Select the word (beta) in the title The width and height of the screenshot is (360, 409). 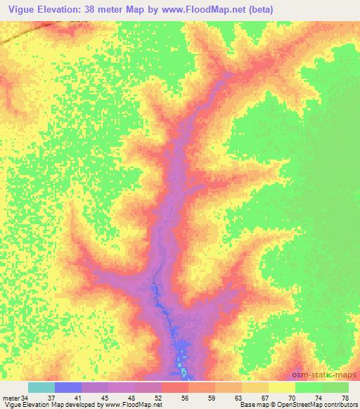[258, 10]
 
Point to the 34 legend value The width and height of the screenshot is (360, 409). [27, 397]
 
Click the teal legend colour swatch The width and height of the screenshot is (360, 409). [41, 387]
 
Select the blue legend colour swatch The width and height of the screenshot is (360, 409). [68, 387]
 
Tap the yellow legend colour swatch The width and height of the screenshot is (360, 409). [282, 387]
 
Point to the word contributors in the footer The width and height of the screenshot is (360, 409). [342, 405]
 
